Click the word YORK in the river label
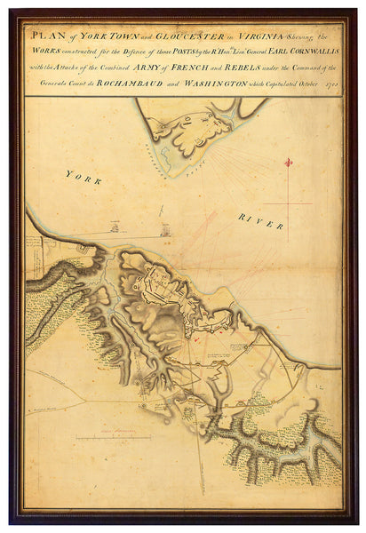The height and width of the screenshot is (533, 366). pos(84,177)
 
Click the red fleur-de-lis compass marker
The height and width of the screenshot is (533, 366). pos(288,163)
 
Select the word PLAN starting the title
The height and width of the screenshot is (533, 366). pos(45,35)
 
